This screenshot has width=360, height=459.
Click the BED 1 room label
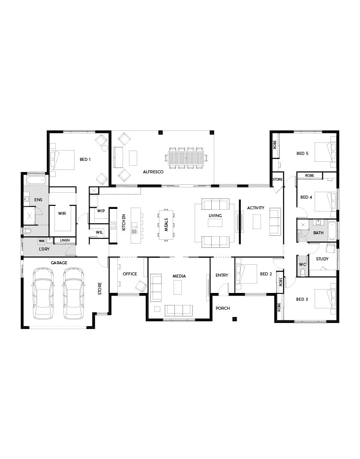86,160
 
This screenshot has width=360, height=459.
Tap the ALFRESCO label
153,172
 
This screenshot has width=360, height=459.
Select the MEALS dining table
167,224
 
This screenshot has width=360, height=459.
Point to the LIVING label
215,215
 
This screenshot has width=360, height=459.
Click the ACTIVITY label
256,208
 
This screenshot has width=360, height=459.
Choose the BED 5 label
303,153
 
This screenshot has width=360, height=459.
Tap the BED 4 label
306,197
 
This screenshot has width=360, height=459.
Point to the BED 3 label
302,299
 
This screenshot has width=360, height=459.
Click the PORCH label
223,308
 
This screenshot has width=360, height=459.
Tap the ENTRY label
222,275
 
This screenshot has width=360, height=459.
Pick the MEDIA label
179,276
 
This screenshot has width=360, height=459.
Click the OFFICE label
130,274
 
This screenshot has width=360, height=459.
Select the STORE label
100,288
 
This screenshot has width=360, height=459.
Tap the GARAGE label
60,263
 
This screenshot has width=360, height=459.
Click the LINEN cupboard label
65,240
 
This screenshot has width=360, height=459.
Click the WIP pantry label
101,211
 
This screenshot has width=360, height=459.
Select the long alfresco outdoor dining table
187,158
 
